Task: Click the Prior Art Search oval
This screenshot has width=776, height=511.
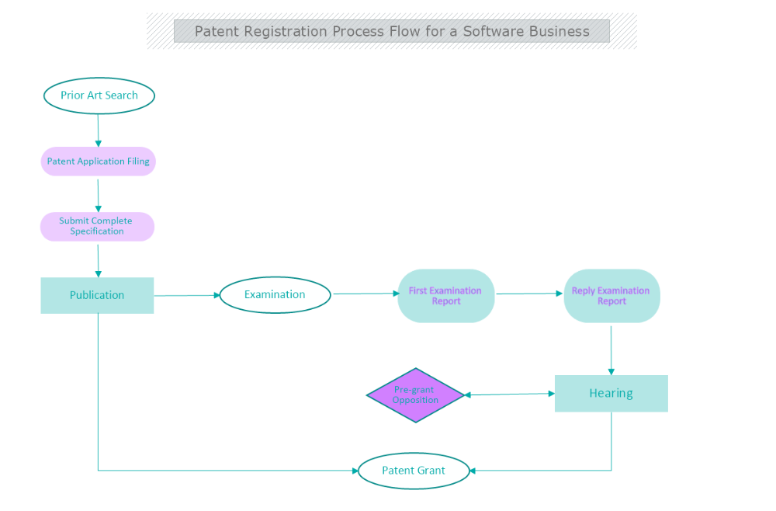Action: pos(99,96)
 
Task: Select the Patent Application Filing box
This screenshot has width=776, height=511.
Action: pos(98,162)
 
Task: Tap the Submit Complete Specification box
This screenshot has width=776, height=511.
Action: pos(97,226)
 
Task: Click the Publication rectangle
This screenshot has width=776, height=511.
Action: pos(97,295)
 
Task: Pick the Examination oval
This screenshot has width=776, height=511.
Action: pos(275,295)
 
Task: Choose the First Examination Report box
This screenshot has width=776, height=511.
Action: pos(445,296)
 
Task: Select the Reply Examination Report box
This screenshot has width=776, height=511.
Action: pos(611,296)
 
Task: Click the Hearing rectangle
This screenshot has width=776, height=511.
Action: pos(611,393)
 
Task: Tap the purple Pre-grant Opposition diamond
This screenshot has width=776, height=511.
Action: pos(415,395)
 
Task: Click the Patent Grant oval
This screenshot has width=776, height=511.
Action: pos(414,471)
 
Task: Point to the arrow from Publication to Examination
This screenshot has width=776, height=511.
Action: pos(186,295)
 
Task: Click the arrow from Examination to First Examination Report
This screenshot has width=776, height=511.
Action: pos(365,294)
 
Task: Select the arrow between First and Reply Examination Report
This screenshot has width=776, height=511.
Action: pos(529,294)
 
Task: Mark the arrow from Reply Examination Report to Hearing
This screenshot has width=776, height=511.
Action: pos(611,349)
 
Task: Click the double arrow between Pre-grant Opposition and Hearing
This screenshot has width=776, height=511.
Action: pos(509,395)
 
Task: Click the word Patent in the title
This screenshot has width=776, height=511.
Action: pos(217,32)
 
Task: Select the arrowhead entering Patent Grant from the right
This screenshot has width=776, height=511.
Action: pos(474,471)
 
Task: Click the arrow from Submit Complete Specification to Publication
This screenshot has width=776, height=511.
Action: pos(99,259)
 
